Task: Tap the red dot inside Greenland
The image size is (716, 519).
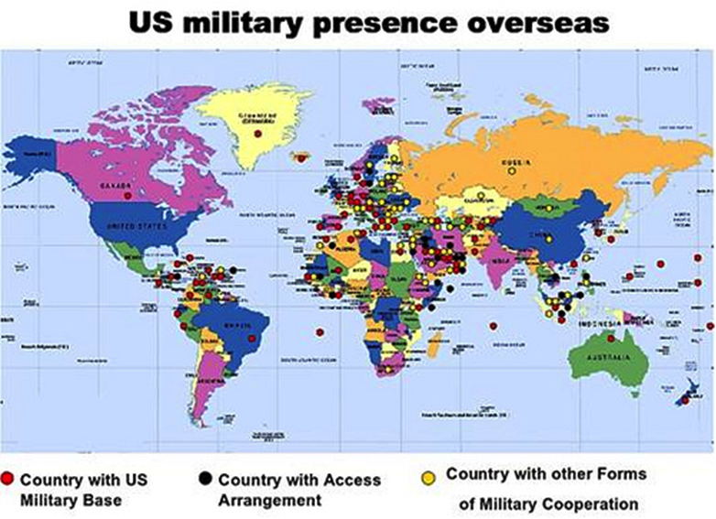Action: point(257,134)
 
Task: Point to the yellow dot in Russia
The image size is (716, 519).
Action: point(512,170)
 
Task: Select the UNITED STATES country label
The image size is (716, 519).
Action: point(135,225)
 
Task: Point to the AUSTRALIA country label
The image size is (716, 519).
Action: point(605,355)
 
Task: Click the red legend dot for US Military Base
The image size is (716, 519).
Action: point(8,479)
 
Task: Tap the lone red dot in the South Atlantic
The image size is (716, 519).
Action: point(320,331)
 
